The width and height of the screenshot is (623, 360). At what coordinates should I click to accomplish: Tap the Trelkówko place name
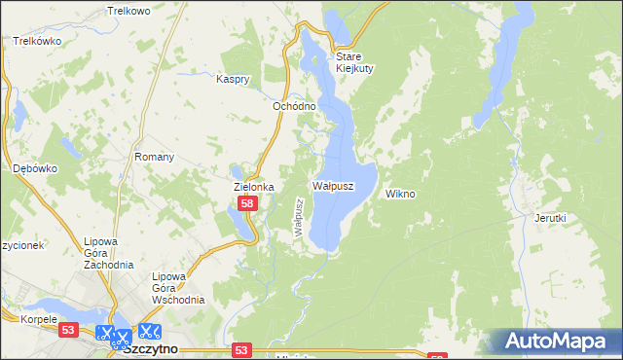pos(38,41)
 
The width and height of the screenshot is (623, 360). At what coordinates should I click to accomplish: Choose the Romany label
pos(154,157)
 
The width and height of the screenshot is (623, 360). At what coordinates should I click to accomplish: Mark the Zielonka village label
pos(253,186)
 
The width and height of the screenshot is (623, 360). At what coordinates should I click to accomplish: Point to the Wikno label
pos(400,194)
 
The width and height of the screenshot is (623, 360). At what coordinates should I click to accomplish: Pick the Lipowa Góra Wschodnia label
pos(177,288)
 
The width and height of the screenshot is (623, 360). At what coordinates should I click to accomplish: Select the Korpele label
pos(21,318)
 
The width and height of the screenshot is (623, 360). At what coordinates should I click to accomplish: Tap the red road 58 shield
pos(248,203)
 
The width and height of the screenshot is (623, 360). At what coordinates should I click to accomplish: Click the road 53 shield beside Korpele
pos(67,331)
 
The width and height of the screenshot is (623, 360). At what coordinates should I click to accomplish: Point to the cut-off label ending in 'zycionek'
pos(19,245)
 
